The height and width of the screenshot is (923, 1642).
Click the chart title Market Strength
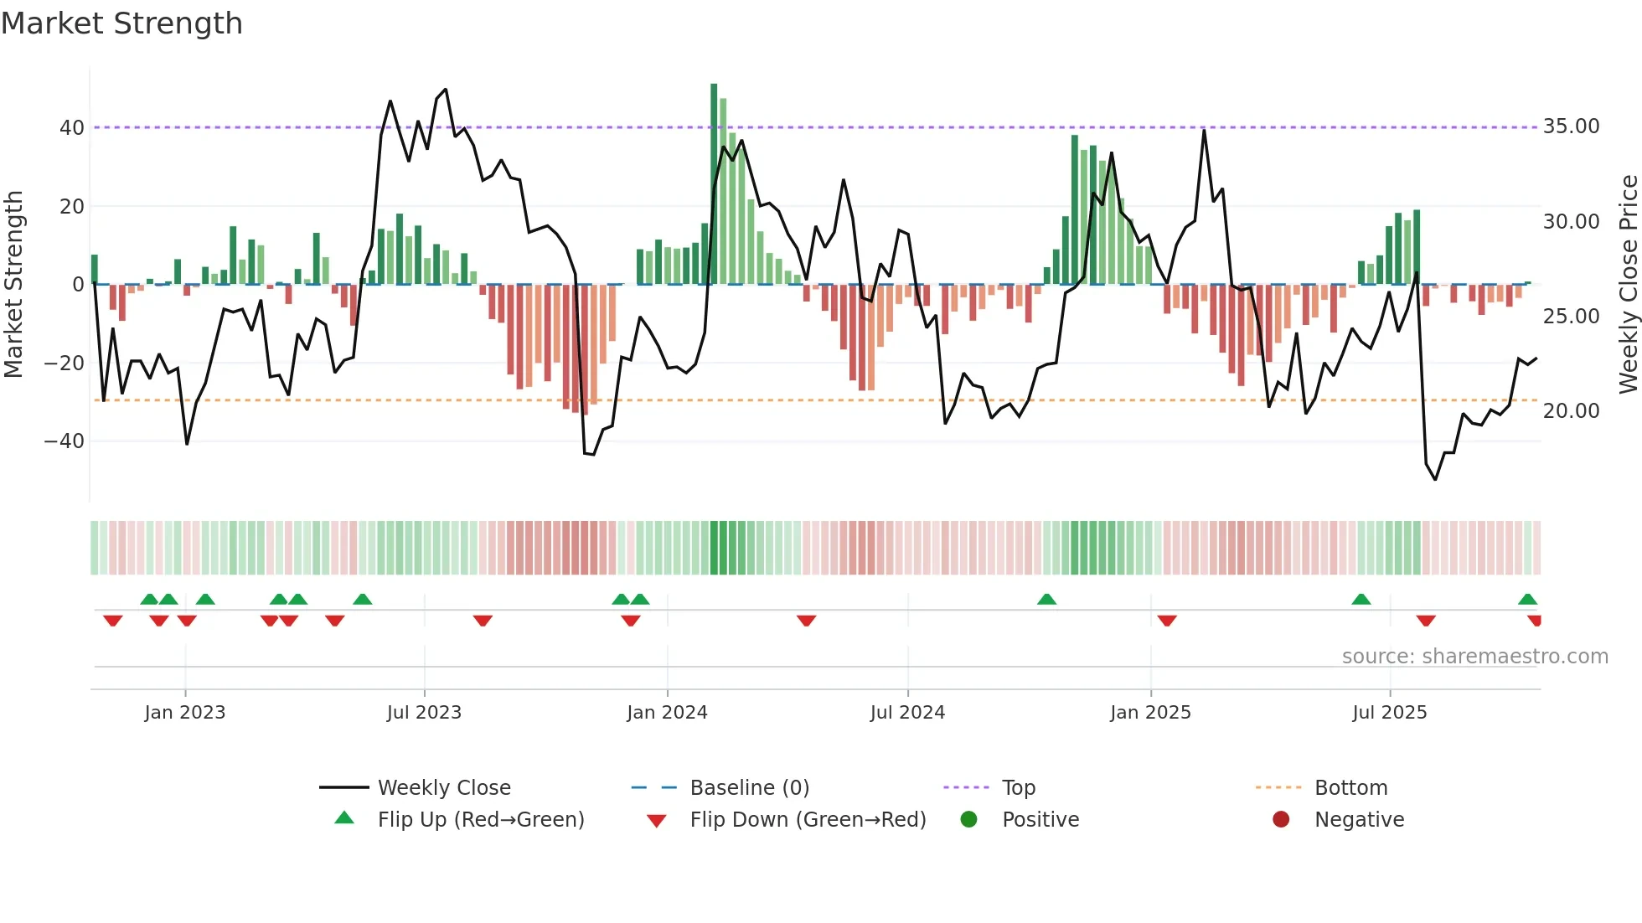click(x=121, y=23)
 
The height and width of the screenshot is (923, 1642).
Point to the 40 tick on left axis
click(x=72, y=128)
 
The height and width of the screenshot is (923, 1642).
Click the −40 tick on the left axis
click(x=65, y=441)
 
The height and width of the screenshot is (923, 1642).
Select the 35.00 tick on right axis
click(x=1571, y=126)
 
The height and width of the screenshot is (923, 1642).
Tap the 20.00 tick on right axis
click(x=1571, y=411)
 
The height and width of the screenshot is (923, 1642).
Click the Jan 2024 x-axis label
click(x=667, y=713)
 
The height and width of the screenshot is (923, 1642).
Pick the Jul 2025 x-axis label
click(x=1389, y=713)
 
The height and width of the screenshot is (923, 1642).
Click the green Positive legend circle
click(x=969, y=820)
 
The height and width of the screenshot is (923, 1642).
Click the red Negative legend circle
click(x=1281, y=820)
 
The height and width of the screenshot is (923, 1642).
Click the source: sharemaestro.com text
click(x=1474, y=657)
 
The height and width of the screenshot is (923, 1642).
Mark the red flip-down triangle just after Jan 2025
click(x=1167, y=621)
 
